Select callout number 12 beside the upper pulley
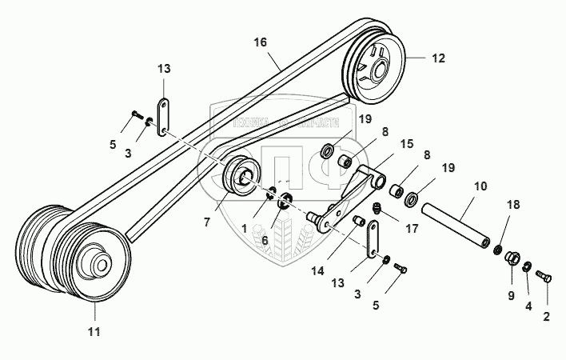pyautogui.click(x=437, y=58)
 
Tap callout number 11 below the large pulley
pyautogui.click(x=94, y=331)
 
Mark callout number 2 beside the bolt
pyautogui.click(x=546, y=316)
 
